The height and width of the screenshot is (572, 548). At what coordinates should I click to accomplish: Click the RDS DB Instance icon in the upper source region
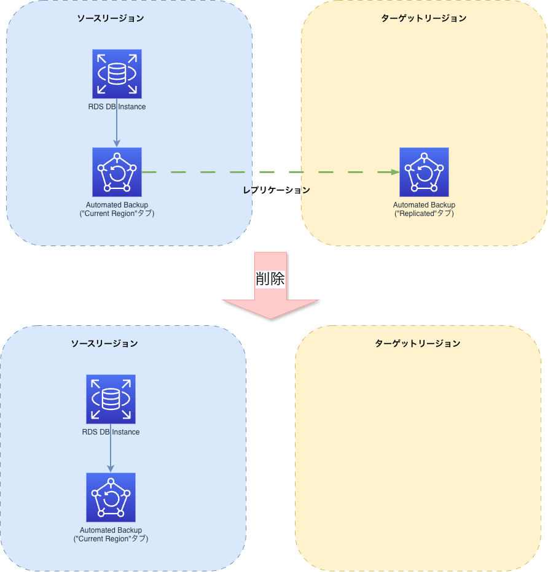[117, 74]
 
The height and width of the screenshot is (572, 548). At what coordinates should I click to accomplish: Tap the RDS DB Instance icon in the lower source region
[111, 399]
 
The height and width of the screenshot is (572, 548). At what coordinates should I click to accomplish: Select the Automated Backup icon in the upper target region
[424, 172]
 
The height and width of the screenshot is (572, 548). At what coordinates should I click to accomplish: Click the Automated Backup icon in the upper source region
[117, 172]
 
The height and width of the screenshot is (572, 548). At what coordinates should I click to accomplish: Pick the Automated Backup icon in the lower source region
[111, 497]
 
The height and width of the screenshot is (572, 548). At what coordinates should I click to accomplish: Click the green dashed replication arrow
[270, 172]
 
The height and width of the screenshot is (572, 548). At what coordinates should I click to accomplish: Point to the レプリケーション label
[276, 190]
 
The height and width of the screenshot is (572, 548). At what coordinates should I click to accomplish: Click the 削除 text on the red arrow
[270, 279]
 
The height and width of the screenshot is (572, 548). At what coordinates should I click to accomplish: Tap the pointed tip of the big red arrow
[270, 317]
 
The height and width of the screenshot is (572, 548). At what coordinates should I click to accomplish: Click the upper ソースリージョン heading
[111, 18]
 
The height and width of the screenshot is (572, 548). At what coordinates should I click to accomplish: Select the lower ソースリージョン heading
[104, 344]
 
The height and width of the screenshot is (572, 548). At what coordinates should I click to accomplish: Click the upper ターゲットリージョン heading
[424, 18]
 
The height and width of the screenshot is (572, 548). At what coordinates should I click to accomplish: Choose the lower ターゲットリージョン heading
[418, 344]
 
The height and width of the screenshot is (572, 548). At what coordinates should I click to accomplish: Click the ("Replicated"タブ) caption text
[424, 214]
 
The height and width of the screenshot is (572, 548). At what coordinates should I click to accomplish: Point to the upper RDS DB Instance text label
[117, 107]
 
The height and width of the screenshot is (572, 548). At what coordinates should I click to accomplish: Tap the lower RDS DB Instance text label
[111, 432]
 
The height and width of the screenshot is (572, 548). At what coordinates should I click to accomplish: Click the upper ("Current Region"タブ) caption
[117, 214]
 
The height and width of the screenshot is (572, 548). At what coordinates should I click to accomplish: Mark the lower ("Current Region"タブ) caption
[111, 539]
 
